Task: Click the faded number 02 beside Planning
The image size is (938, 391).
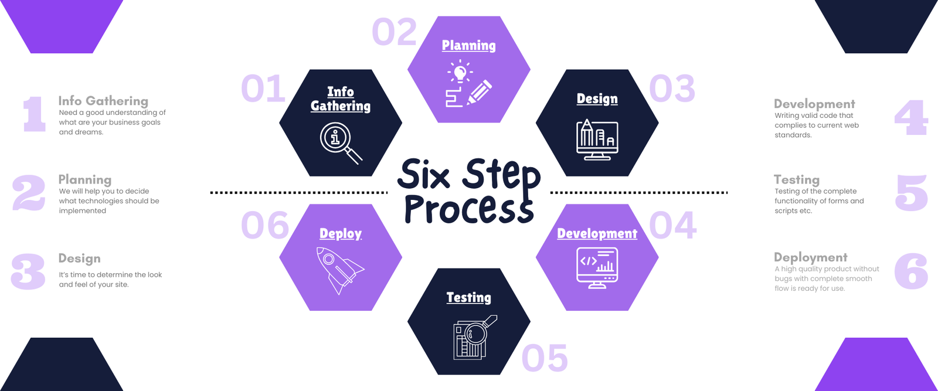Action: (x=395, y=32)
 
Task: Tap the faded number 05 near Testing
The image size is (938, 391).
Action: (x=545, y=358)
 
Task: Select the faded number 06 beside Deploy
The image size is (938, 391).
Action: (x=265, y=226)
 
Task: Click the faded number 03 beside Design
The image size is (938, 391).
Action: (x=672, y=89)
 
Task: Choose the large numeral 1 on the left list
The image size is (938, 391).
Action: (x=34, y=114)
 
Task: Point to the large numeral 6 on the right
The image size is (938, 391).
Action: (x=911, y=271)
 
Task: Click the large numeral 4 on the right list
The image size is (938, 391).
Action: (x=911, y=118)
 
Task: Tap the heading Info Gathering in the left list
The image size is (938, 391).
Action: (x=103, y=101)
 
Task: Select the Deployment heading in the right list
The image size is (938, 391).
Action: (x=810, y=257)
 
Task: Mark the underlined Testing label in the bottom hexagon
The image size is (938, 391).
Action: (x=468, y=298)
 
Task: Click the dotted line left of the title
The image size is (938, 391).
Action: (x=298, y=192)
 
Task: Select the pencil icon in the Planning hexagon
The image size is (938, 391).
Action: (x=480, y=93)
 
